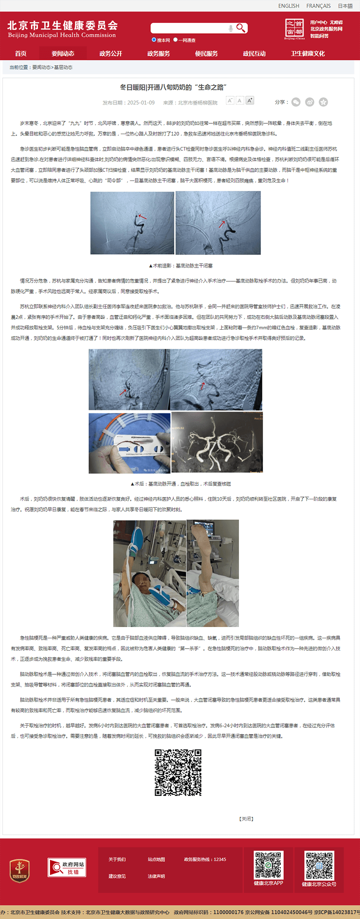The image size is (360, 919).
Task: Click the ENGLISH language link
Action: tap(288, 6)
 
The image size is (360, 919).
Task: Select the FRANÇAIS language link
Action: tap(318, 6)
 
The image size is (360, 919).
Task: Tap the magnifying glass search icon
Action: tap(241, 28)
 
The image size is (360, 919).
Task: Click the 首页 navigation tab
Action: tap(21, 54)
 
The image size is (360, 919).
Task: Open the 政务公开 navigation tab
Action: tap(111, 54)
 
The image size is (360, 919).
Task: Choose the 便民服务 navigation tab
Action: tap(206, 54)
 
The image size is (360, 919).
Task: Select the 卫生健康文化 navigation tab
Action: tap(307, 54)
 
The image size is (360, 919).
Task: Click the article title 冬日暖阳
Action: tap(173, 87)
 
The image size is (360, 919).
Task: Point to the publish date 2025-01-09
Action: tap(140, 103)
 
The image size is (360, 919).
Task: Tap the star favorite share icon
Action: tap(323, 102)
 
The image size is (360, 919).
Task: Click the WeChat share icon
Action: tap(296, 102)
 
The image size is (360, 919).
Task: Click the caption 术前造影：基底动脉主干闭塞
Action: tap(180, 266)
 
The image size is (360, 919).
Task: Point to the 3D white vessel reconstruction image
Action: tap(217, 442)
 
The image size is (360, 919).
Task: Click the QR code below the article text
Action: tap(178, 772)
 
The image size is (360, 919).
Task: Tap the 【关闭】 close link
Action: tap(246, 819)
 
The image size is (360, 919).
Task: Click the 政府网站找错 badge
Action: tap(67, 867)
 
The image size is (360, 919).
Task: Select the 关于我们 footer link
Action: tap(117, 859)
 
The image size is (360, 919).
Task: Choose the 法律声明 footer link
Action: tap(156, 876)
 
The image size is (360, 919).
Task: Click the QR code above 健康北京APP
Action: tap(269, 865)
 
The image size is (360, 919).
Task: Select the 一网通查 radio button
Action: tap(175, 40)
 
